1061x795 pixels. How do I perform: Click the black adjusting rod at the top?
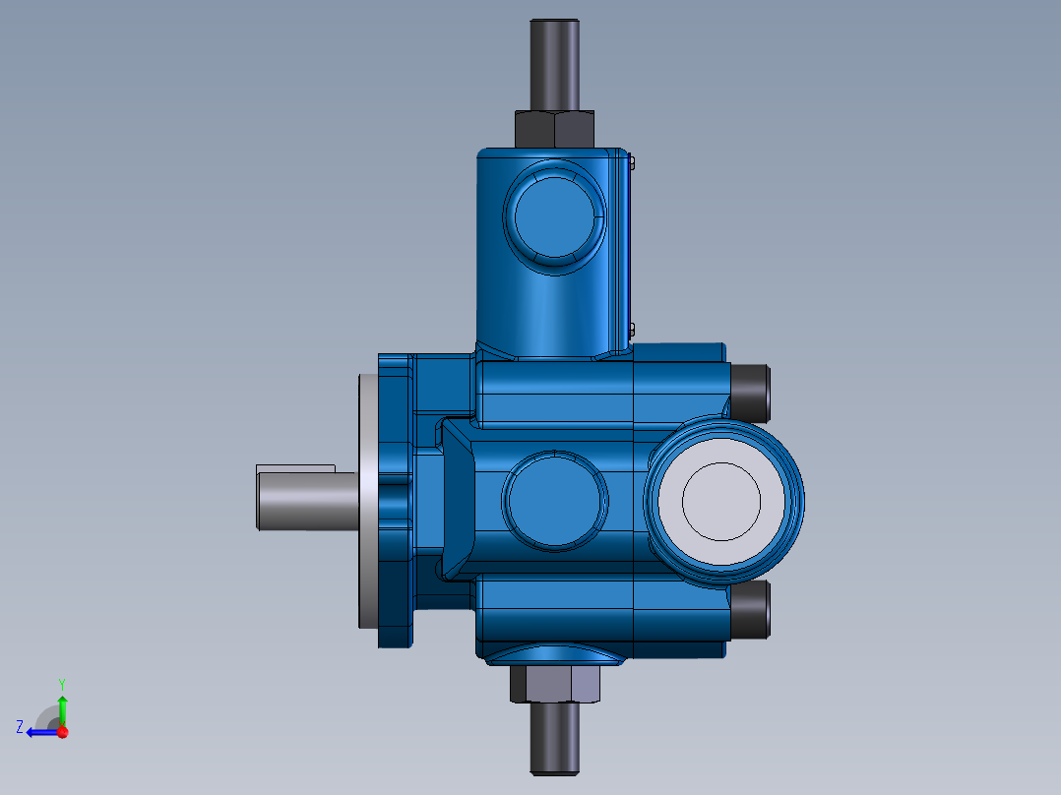[555, 64]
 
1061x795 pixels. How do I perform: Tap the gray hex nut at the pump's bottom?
[554, 684]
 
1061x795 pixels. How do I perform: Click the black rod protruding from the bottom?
[555, 738]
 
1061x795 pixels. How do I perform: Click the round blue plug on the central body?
[554, 501]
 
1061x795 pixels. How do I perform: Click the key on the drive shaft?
[295, 468]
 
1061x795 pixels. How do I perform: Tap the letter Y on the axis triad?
[61, 682]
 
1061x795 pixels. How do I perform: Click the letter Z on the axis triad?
[19, 727]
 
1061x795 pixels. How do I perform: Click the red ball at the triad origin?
[62, 732]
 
